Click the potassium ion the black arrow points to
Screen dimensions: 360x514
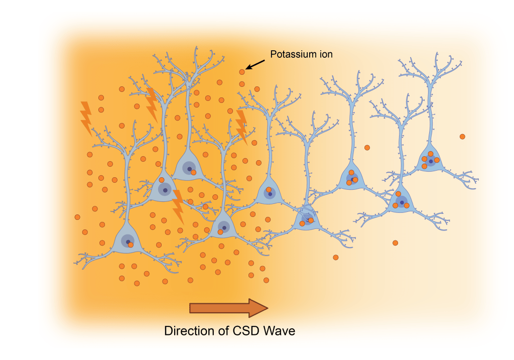pyautogui.click(x=242, y=72)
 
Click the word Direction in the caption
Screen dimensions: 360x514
pyautogui.click(x=186, y=331)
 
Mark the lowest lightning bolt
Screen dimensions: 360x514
pyautogui.click(x=178, y=206)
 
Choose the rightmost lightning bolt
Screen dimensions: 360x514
pyautogui.click(x=241, y=126)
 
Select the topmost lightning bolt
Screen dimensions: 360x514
pyautogui.click(x=152, y=104)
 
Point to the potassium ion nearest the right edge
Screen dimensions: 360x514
pyautogui.click(x=462, y=137)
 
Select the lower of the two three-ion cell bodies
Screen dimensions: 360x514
pyautogui.click(x=401, y=202)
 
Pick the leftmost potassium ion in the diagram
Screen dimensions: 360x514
pyautogui.click(x=77, y=217)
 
